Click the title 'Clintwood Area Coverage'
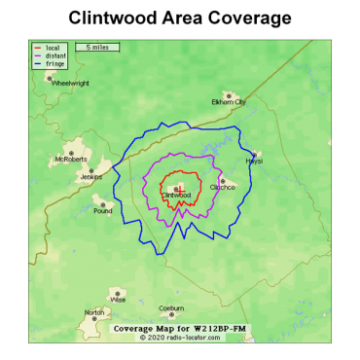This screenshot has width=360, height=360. (x=180, y=18)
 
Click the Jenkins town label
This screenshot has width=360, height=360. (x=90, y=177)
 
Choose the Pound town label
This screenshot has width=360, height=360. (x=102, y=210)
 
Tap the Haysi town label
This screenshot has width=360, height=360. (x=254, y=161)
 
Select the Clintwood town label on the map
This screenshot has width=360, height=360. (x=176, y=195)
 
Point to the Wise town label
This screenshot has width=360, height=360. (x=119, y=300)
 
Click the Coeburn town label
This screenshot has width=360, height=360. (x=171, y=308)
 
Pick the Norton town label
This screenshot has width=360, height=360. (x=94, y=312)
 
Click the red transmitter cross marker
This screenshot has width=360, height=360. (x=180, y=189)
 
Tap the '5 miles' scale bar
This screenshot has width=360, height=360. (x=96, y=47)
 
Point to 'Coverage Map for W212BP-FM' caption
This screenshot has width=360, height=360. (x=180, y=329)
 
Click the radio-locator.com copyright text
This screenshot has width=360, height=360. (x=180, y=338)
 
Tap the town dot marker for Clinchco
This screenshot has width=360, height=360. (x=223, y=181)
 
